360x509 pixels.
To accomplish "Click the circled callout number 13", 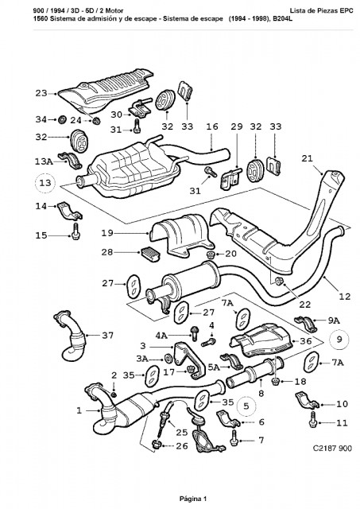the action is tap(45, 183).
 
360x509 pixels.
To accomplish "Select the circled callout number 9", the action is tap(339, 340).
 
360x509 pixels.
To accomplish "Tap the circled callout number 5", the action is tap(246, 406).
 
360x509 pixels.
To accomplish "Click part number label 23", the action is tap(41, 94).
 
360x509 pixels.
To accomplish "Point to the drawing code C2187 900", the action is tap(332, 449).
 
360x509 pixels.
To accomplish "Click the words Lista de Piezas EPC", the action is tap(321, 10).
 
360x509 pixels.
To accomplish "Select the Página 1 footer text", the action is tap(193, 499).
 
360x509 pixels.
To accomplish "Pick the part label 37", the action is tap(107, 335).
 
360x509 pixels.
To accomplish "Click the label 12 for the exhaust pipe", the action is tap(344, 296).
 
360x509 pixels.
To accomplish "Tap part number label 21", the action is tap(307, 158).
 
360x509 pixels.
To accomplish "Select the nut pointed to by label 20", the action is tap(211, 254).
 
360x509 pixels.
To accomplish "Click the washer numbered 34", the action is tap(62, 120).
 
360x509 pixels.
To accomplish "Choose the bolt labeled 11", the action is tap(313, 419).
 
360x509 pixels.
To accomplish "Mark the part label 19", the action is tap(107, 233).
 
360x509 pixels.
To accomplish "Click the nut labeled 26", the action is tap(157, 444).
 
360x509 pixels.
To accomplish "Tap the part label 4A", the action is tap(161, 336).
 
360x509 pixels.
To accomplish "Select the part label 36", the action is tap(306, 341).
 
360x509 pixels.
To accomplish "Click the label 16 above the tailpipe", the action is tap(212, 126).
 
